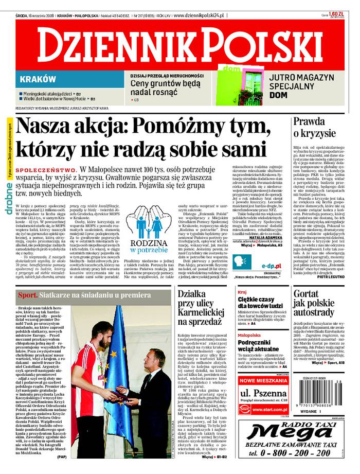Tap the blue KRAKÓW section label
click(38, 79)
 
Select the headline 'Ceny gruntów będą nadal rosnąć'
click(165, 87)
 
